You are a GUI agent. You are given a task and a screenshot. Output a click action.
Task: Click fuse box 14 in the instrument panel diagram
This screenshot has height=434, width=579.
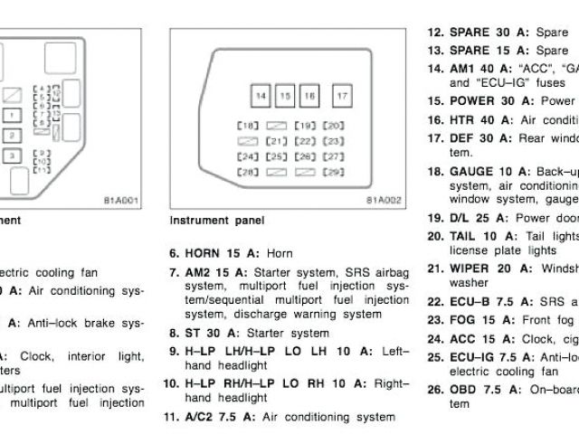[x=261, y=96]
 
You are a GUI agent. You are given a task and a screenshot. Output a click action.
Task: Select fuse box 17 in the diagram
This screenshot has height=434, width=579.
[x=342, y=96]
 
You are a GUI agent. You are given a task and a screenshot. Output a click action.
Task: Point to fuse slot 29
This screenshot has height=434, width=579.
[x=333, y=172]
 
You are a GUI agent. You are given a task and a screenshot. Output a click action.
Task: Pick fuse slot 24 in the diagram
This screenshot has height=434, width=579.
[x=246, y=156]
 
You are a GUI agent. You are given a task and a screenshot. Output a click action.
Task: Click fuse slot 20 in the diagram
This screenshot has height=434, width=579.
[x=333, y=126]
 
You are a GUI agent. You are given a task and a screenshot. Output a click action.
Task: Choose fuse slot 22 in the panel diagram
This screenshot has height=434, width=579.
[x=306, y=141]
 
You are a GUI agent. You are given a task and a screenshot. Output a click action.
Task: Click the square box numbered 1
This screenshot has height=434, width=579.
[x=9, y=116]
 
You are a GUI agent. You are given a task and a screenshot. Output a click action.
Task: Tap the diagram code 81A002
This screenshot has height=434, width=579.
[x=383, y=201]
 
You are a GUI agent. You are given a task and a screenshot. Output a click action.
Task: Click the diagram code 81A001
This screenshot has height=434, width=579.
[x=121, y=201]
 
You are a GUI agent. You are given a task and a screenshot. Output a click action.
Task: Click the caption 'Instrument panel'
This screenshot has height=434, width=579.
[x=216, y=220]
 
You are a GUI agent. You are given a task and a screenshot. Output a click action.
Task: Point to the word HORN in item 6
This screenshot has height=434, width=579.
[x=201, y=254]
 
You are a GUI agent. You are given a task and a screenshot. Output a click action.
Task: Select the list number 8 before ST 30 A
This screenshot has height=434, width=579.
[x=173, y=333]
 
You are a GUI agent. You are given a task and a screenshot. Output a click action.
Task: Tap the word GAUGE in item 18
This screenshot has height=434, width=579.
[x=471, y=171]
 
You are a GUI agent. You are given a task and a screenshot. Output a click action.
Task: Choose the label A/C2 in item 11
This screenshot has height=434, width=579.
[x=202, y=417]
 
